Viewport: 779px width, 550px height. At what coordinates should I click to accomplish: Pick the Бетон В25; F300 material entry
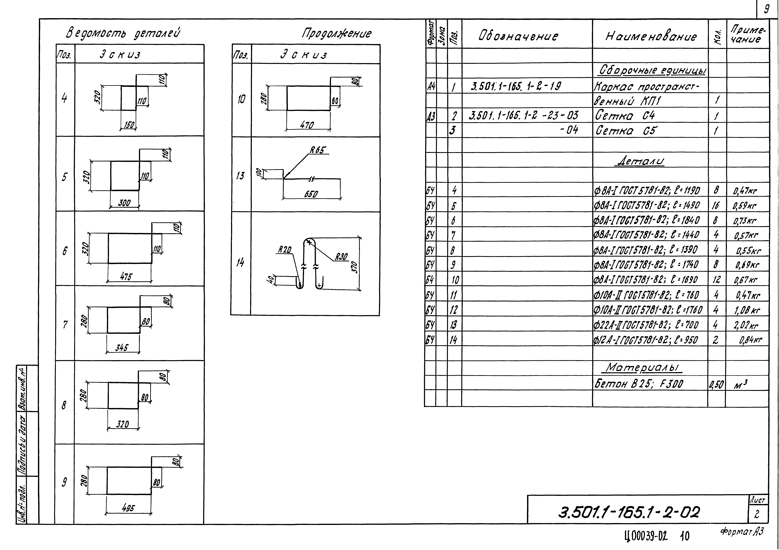(x=639, y=384)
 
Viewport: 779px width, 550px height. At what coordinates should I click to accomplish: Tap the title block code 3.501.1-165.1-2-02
(x=629, y=512)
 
